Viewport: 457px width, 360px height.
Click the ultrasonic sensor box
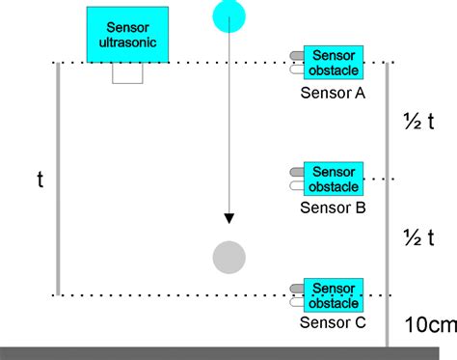[x=128, y=35]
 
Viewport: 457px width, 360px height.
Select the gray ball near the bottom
[x=228, y=257]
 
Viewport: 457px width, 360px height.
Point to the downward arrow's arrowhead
[x=228, y=217]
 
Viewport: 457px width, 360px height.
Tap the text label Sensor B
[x=333, y=206]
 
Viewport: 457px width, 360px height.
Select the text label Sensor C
[x=333, y=322]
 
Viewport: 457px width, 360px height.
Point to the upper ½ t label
[x=420, y=122]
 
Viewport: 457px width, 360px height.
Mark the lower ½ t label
[x=420, y=236]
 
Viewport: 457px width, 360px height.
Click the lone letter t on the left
[x=40, y=180]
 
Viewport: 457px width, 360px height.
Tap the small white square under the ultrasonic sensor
[x=128, y=73]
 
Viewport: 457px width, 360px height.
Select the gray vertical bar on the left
[x=58, y=180]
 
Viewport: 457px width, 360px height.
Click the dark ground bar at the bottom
[x=228, y=352]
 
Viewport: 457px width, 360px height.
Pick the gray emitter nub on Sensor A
[x=297, y=56]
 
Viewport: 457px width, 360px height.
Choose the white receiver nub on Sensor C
[x=297, y=302]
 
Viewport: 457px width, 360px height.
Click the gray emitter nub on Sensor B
[x=297, y=172]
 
